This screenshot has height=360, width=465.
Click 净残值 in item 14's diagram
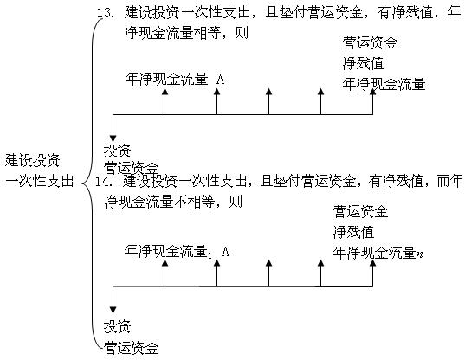(x=353, y=231)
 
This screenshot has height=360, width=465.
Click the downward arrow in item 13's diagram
(x=113, y=130)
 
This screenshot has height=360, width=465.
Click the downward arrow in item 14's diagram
(x=113, y=303)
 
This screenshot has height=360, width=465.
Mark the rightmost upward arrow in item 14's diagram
(x=372, y=271)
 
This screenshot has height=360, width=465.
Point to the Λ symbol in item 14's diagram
(x=224, y=252)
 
